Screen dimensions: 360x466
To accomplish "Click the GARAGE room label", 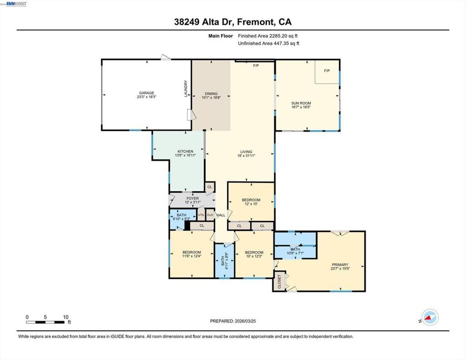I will pos(145,93).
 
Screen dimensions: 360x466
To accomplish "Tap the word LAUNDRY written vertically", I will pos(186,89).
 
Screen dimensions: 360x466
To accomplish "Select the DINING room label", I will pos(211,94).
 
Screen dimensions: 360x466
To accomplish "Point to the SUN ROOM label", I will pos(301,103).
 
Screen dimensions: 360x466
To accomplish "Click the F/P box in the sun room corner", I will pos(327,71).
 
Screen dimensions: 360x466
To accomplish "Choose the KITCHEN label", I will pos(185,151).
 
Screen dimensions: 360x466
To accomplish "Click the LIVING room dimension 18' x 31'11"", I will pos(246,157).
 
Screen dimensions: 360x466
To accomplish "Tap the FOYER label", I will pos(193,199).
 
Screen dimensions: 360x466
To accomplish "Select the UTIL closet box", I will pos(201,215).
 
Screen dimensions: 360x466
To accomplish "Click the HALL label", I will pos(220,215).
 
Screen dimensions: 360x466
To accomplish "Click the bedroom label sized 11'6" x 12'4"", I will pos(192,252).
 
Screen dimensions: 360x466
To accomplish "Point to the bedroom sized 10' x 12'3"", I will pos(253,252).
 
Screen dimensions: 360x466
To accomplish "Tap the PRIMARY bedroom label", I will pos(341,264).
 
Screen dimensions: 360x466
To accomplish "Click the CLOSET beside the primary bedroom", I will pos(280,281).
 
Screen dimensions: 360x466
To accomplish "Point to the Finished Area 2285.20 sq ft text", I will pos(268,36).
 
